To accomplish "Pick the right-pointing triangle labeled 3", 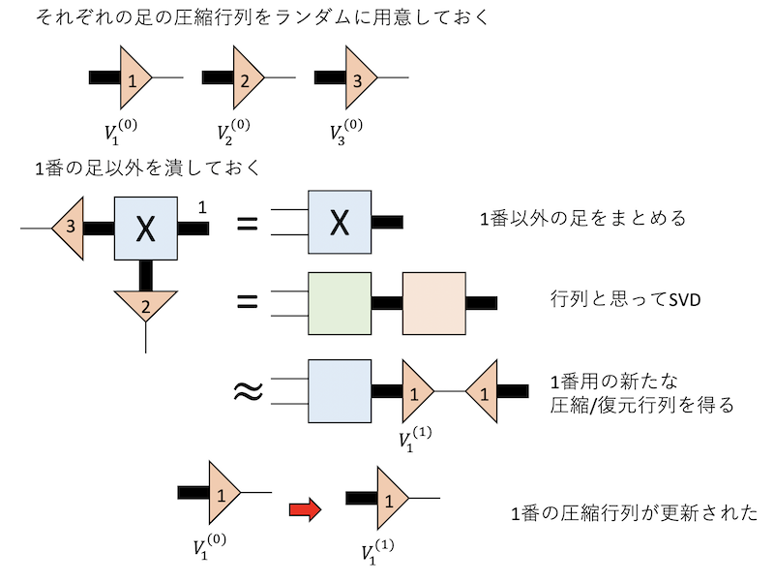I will tap(355, 79).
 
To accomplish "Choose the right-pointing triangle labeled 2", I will tap(243, 79).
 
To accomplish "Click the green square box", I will tap(340, 303).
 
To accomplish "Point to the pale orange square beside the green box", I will tap(434, 303).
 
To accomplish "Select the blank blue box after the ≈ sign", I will tap(340, 390).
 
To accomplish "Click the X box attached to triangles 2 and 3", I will tap(146, 228).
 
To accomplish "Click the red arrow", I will tap(305, 510).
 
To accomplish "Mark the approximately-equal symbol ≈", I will tap(248, 391).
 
